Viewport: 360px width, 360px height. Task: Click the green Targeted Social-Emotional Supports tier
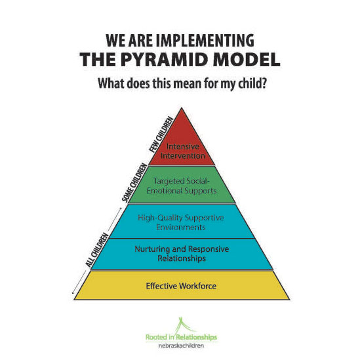point(182,185)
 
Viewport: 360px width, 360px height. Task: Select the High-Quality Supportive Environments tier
point(182,222)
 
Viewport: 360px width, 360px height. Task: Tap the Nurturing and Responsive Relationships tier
point(182,254)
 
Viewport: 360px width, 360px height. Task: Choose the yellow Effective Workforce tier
point(182,285)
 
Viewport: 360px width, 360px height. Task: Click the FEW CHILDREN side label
point(161,134)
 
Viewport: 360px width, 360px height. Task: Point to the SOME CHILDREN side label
point(134,182)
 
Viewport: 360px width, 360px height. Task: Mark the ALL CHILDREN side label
point(97,250)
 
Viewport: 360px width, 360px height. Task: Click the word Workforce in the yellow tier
point(198,286)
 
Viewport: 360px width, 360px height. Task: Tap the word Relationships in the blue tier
point(182,258)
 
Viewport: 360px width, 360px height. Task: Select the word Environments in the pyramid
point(181,228)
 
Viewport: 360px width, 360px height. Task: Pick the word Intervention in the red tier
point(183,155)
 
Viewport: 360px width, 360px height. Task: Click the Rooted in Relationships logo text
point(181,337)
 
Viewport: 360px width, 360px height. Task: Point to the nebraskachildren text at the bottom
point(181,346)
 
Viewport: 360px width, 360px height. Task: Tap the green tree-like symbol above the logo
point(184,325)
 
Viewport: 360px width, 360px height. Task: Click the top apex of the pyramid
point(182,108)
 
